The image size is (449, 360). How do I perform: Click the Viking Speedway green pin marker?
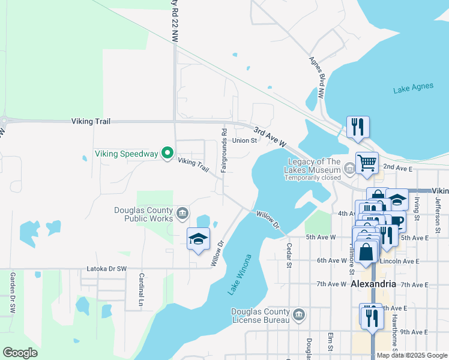click(167, 154)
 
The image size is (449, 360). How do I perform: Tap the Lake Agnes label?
click(413, 88)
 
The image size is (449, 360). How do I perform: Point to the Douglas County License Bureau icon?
click(299, 313)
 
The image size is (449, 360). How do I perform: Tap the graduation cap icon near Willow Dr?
click(198, 239)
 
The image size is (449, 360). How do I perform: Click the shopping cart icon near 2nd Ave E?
click(366, 161)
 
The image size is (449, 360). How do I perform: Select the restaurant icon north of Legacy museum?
click(358, 127)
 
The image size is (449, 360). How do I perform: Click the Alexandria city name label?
click(373, 284)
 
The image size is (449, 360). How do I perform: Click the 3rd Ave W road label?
click(269, 137)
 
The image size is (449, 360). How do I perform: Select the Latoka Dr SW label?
click(107, 268)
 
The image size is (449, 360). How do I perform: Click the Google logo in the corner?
click(20, 353)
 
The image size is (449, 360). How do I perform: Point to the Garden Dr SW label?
click(12, 293)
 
